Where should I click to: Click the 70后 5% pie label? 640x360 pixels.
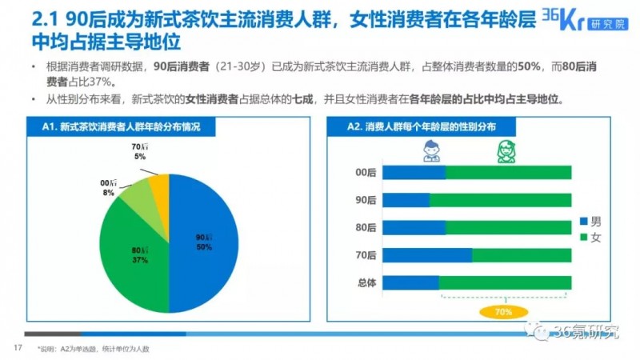click(x=139, y=152)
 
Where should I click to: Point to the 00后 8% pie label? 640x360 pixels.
click(x=108, y=189)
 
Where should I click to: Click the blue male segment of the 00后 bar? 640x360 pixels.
click(x=414, y=173)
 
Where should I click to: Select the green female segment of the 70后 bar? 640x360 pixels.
click(x=522, y=255)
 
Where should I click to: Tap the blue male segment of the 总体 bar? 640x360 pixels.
click(x=410, y=282)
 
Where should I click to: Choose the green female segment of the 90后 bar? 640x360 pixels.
click(x=500, y=200)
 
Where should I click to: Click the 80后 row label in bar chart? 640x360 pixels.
click(x=365, y=228)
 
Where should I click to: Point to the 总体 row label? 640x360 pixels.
click(x=365, y=282)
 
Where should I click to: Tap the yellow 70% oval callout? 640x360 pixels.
click(x=504, y=312)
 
